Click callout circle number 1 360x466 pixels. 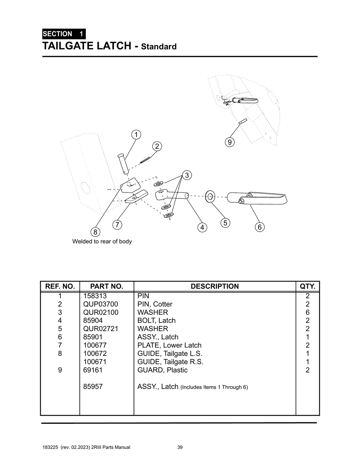[x=136, y=135]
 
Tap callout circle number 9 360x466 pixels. [x=229, y=142]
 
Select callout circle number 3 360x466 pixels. [x=187, y=175]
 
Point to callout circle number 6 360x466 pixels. [x=259, y=227]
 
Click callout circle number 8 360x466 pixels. [x=95, y=232]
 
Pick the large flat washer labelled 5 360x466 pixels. [x=210, y=197]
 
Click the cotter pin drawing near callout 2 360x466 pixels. [x=145, y=160]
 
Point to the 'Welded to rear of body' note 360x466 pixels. [x=102, y=241]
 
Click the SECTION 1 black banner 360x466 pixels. [x=64, y=34]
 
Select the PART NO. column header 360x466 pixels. [x=107, y=286]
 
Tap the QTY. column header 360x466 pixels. [x=307, y=286]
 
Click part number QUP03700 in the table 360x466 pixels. [x=101, y=304]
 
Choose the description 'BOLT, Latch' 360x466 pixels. [x=156, y=320]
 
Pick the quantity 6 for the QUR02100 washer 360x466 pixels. [x=308, y=312]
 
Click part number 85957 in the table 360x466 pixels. [x=93, y=387]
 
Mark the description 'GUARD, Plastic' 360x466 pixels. [x=162, y=370]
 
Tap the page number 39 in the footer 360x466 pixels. [x=180, y=447]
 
